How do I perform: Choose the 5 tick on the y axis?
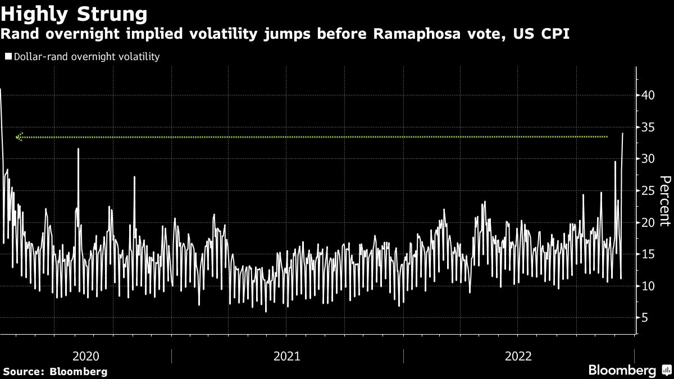(x=645, y=318)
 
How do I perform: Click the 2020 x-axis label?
(x=86, y=355)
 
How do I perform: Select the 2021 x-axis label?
(x=287, y=355)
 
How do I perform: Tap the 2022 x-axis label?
(x=518, y=355)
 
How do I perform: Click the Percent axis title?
(x=665, y=200)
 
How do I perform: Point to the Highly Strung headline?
(x=75, y=13)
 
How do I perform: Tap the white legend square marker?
(x=8, y=57)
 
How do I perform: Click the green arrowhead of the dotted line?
(x=20, y=136)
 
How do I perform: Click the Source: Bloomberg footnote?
(x=54, y=372)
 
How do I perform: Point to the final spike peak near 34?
(x=623, y=134)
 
